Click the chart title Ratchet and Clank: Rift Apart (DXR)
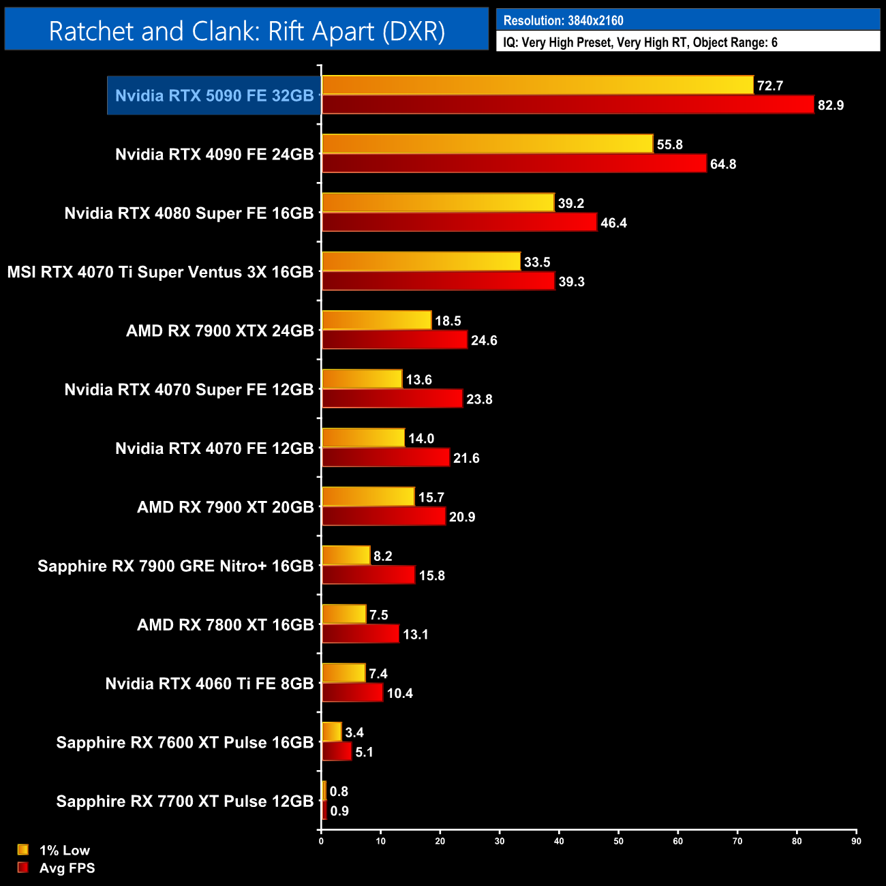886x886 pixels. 247,31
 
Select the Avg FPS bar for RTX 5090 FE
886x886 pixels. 568,105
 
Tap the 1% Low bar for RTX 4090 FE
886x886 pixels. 487,144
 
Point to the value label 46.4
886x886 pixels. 613,223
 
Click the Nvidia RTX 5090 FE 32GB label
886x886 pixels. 214,95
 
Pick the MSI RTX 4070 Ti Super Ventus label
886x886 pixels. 160,272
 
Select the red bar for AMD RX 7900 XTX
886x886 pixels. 395,340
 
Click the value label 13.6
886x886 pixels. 418,380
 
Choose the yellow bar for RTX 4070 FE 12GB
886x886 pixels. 363,438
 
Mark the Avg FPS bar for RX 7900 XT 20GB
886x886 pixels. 384,517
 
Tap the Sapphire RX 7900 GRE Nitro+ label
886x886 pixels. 175,566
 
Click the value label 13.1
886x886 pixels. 415,635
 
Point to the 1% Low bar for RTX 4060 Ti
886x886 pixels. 343,673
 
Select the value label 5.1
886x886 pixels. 364,752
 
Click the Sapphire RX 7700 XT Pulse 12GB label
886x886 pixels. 185,801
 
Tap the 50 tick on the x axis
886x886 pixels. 618,841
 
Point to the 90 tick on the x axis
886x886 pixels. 856,841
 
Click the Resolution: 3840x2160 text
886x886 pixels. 563,20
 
